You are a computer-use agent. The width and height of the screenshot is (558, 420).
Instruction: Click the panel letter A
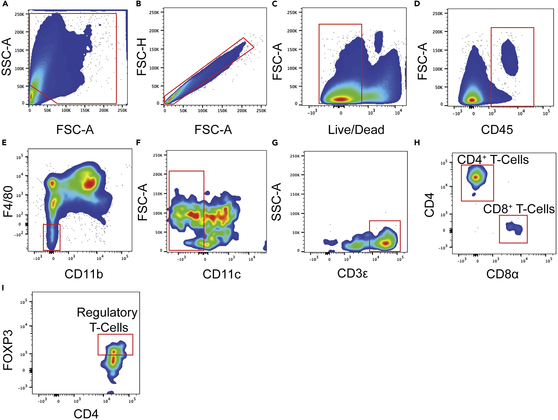[x=5, y=4]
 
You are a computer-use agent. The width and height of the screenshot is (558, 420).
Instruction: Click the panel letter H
[x=417, y=143]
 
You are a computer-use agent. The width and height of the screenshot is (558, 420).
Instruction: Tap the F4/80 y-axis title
[x=8, y=202]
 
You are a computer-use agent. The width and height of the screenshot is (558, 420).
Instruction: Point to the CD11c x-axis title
[x=222, y=274]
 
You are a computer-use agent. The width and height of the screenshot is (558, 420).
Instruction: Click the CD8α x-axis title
[x=502, y=274]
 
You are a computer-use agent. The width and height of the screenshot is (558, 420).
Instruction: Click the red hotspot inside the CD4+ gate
[x=476, y=177]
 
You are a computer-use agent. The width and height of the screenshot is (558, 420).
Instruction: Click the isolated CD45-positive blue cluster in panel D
[x=509, y=58]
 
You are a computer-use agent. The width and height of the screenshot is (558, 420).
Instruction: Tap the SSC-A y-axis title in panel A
[x=7, y=57]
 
